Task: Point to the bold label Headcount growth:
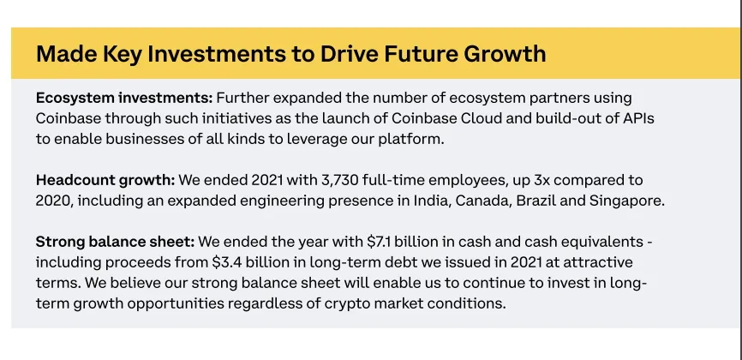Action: pyautogui.click(x=105, y=180)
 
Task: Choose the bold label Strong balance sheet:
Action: pyautogui.click(x=115, y=243)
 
